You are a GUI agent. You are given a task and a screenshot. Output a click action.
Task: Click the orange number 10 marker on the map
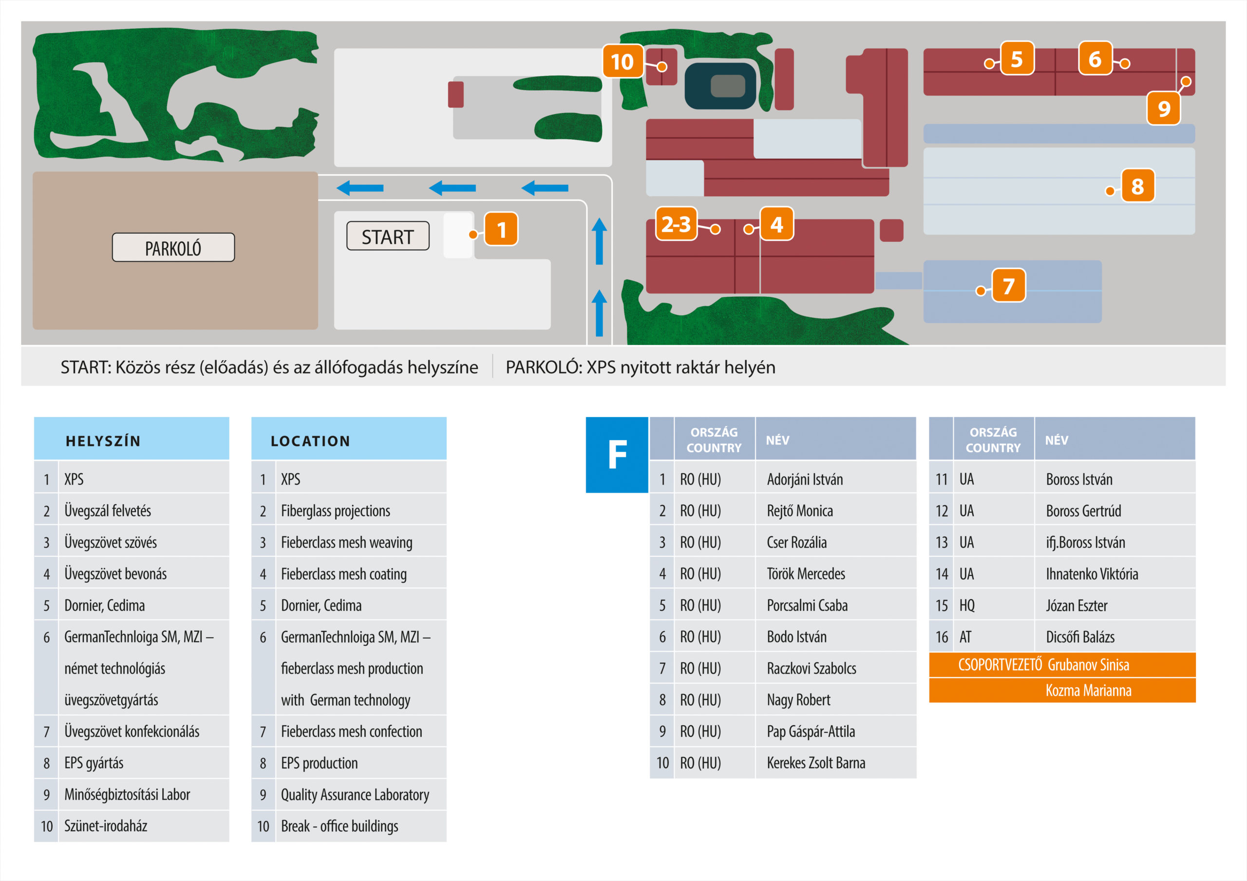(x=623, y=61)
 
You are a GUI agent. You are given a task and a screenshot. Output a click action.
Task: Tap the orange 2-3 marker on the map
(x=676, y=223)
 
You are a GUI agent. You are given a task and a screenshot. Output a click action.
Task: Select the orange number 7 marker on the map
(x=1009, y=286)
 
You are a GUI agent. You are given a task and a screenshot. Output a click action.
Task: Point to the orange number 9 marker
(x=1163, y=109)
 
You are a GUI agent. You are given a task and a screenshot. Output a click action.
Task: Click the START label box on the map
(x=388, y=236)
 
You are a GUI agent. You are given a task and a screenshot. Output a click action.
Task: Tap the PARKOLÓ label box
(x=173, y=248)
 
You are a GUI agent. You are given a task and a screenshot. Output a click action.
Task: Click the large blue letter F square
(x=617, y=455)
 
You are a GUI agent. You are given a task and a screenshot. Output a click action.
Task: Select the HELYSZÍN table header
(x=132, y=439)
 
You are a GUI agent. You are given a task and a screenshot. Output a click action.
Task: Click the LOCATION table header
(x=349, y=439)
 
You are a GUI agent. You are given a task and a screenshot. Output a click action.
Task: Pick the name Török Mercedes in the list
(x=806, y=574)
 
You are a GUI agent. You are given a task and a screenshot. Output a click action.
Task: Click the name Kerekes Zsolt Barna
(x=816, y=763)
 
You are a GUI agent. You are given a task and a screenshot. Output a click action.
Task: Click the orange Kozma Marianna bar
(x=1062, y=691)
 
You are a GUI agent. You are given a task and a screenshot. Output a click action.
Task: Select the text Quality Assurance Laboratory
(x=355, y=795)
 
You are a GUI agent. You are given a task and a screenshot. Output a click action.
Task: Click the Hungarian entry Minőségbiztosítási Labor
(x=127, y=795)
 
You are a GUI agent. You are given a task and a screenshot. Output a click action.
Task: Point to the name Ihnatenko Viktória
(x=1092, y=574)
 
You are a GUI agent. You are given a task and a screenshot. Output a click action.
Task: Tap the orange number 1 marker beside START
(x=501, y=229)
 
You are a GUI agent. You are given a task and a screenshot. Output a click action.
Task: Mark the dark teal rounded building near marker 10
(x=720, y=86)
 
